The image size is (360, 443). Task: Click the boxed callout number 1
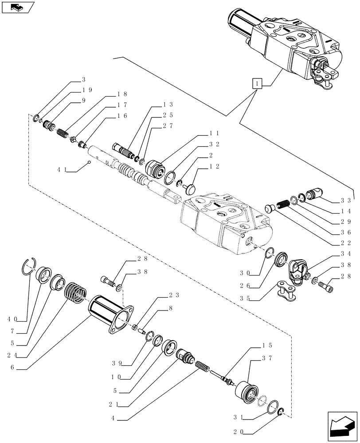tap(257, 83)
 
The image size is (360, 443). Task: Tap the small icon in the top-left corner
tap(18, 7)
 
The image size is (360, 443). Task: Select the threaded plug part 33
tap(318, 194)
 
